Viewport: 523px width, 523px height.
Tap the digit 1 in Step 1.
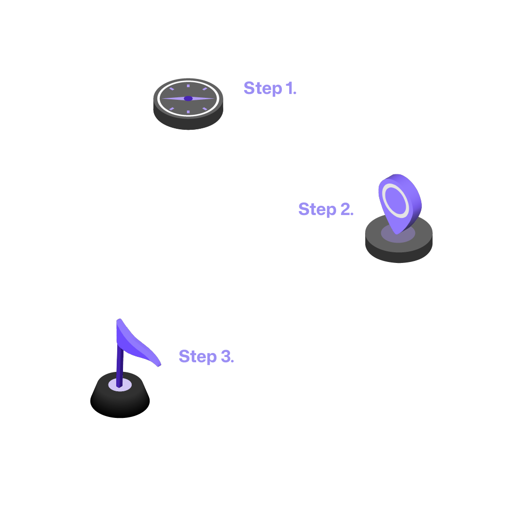[x=290, y=88]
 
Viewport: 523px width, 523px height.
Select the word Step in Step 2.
[x=317, y=210]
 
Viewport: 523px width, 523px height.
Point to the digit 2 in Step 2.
[x=346, y=209]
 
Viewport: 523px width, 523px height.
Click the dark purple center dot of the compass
[x=188, y=99]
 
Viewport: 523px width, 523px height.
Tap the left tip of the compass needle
[x=162, y=99]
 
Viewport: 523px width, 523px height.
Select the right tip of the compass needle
[x=214, y=99]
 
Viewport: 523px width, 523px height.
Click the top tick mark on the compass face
[x=188, y=86]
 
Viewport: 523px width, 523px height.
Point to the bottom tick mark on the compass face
[x=188, y=112]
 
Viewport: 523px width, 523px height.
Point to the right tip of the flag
[x=159, y=365]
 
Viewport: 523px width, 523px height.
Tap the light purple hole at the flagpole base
[x=114, y=385]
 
